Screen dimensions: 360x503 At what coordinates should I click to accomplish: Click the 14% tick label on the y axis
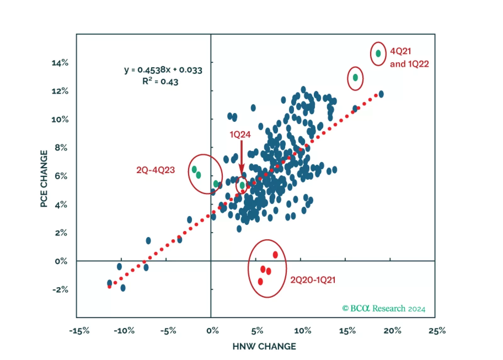(x=60, y=63)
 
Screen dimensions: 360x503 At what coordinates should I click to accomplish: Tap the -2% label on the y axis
(x=60, y=290)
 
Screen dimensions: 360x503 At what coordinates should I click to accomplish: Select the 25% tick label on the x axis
(x=437, y=331)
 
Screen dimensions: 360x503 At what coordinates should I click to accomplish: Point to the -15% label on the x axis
(x=79, y=331)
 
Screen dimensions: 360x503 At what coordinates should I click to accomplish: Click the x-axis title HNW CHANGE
(x=264, y=346)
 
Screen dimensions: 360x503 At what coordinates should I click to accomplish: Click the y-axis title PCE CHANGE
(x=44, y=179)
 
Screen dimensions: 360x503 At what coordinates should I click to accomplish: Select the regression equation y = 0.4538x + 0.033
(x=163, y=70)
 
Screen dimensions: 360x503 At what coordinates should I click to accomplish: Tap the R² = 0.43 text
(x=160, y=82)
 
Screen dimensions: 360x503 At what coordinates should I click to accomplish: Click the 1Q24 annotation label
(x=240, y=135)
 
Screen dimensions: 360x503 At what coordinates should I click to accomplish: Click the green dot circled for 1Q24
(x=242, y=185)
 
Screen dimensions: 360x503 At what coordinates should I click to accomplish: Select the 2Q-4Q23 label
(x=155, y=170)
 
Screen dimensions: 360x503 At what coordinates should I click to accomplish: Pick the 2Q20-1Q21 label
(x=313, y=280)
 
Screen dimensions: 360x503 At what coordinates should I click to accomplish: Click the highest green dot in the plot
(x=378, y=53)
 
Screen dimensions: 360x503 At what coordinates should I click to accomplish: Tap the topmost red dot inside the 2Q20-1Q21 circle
(x=275, y=255)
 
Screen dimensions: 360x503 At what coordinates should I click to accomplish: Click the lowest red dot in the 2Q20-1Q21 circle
(x=260, y=281)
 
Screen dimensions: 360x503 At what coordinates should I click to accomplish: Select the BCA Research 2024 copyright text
(x=384, y=308)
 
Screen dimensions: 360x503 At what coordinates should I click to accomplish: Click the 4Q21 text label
(x=400, y=51)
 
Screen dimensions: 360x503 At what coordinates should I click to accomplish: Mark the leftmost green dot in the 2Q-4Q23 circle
(x=194, y=170)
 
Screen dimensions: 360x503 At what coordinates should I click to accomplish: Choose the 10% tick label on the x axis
(x=302, y=331)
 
